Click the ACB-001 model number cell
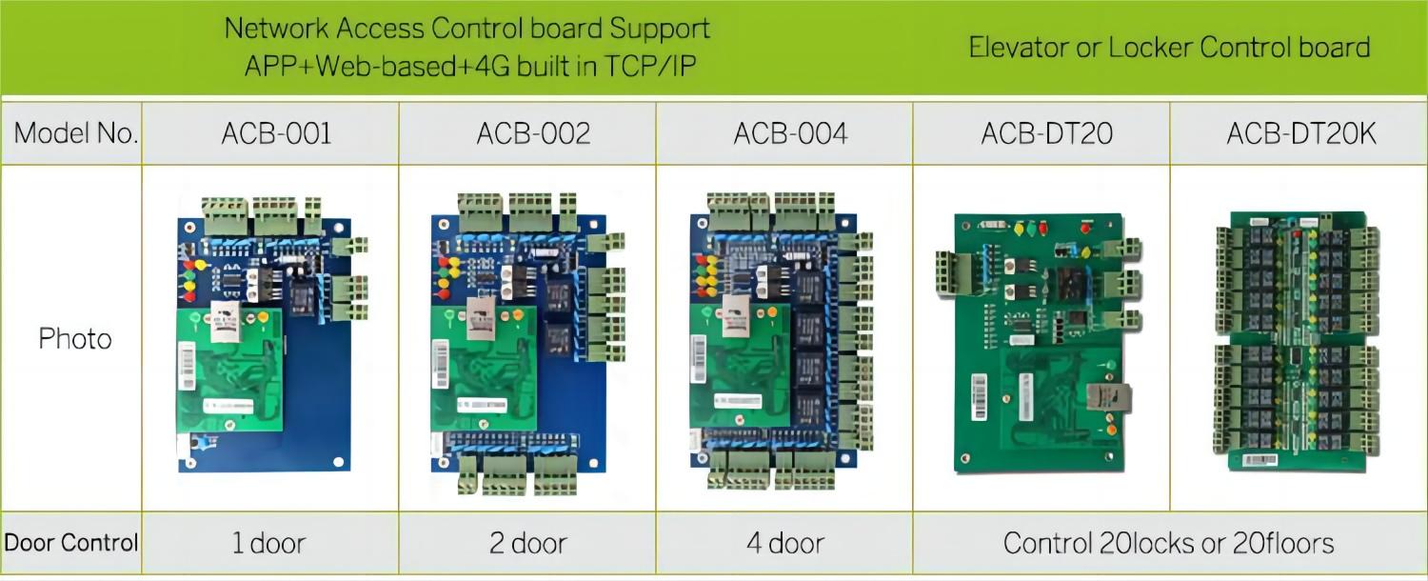click(x=276, y=133)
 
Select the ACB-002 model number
click(x=533, y=133)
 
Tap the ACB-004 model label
click(x=790, y=133)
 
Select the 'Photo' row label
click(x=75, y=339)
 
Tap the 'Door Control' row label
click(x=71, y=543)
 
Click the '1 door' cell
click(x=269, y=544)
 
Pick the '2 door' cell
click(x=527, y=544)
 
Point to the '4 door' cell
click(x=784, y=544)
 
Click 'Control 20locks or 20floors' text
click(x=1168, y=544)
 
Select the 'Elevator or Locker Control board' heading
click(x=1169, y=48)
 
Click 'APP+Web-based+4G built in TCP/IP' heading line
click(x=466, y=67)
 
